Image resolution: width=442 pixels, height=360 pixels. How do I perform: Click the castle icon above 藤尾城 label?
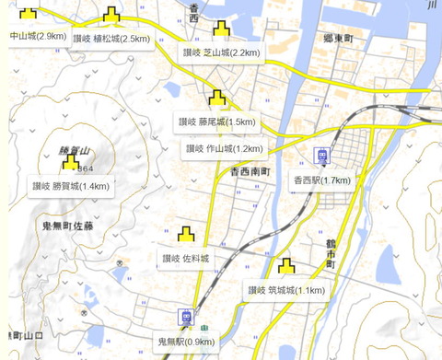218,98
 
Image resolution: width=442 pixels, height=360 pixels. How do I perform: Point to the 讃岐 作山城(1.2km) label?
225,148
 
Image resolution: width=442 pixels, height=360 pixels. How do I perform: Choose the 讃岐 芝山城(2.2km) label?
221,52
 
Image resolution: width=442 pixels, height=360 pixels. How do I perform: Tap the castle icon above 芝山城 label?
221,29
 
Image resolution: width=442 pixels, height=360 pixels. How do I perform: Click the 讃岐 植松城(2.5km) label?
110,39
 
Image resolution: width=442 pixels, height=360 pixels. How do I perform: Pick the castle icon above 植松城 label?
111,16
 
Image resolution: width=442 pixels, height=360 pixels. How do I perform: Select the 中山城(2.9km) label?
37,36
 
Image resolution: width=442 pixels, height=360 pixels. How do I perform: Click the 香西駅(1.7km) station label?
322,180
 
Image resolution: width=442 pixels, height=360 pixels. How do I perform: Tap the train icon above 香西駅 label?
322,157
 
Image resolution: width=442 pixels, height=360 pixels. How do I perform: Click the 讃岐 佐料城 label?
186,259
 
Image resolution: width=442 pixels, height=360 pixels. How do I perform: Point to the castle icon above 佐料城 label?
186,235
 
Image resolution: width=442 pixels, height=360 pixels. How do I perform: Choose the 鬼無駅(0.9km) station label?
187,342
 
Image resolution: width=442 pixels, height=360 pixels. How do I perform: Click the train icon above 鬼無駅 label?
187,319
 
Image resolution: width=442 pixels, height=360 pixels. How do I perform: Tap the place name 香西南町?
250,172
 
